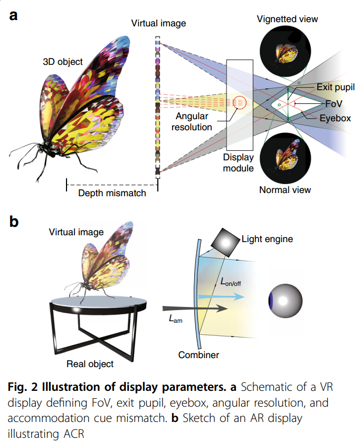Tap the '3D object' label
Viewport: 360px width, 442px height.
(x=63, y=62)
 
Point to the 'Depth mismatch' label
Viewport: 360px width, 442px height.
(x=112, y=193)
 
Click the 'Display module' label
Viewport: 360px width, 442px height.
(x=239, y=163)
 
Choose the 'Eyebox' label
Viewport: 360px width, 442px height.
(x=335, y=118)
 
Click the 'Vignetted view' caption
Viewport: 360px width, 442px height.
(x=287, y=20)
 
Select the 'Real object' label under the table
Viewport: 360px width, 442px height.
(x=90, y=363)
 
